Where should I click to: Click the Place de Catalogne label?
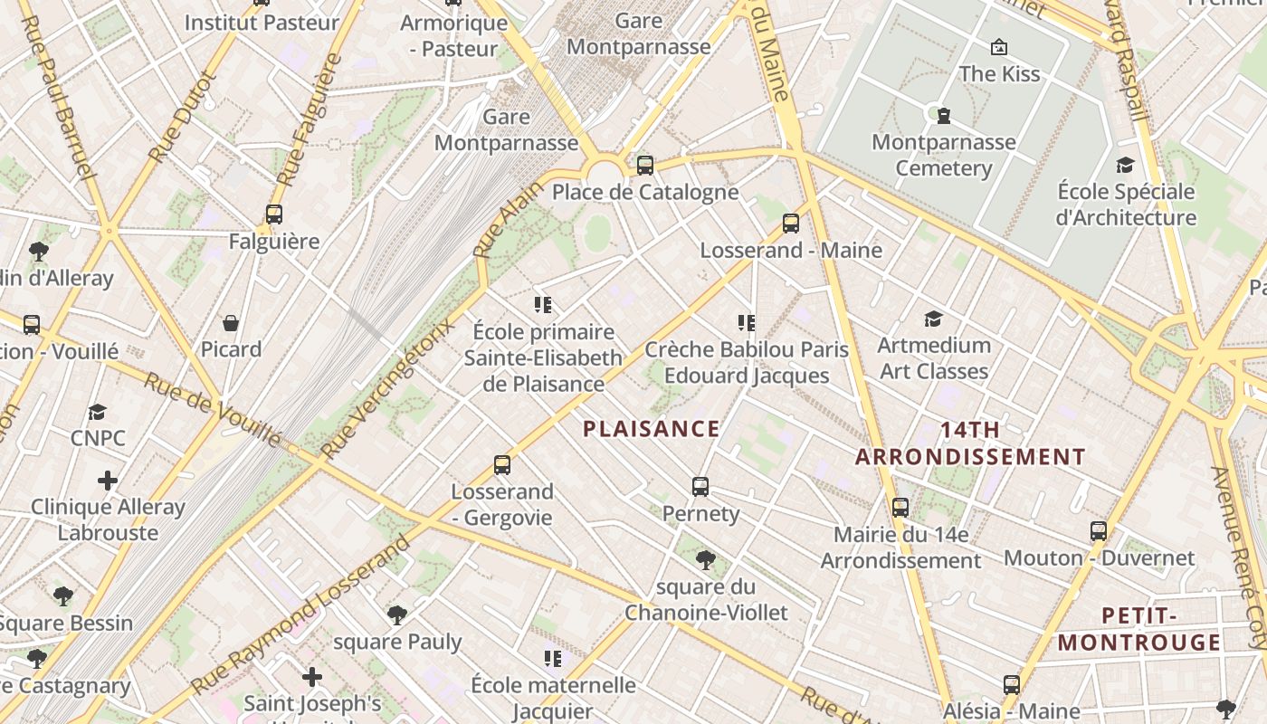click(644, 192)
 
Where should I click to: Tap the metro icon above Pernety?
click(700, 487)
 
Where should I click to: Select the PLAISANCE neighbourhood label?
click(652, 429)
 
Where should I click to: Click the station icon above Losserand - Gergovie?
click(502, 465)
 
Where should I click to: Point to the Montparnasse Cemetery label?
click(944, 155)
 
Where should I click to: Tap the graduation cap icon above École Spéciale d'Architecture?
click(1126, 165)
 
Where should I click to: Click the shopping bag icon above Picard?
click(231, 323)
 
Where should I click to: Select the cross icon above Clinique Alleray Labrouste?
click(108, 480)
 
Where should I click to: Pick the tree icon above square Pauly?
click(396, 615)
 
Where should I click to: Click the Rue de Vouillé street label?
click(213, 410)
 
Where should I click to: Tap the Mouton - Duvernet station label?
click(1099, 557)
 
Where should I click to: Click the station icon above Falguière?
click(274, 214)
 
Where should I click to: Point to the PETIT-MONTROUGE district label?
click(1139, 629)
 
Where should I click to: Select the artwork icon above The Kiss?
click(999, 47)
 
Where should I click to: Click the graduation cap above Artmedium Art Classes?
click(934, 319)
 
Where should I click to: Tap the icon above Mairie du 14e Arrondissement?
click(900, 508)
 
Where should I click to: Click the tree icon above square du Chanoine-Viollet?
click(706, 560)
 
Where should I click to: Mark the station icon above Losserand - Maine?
click(791, 224)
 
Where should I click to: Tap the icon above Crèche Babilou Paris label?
click(747, 322)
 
